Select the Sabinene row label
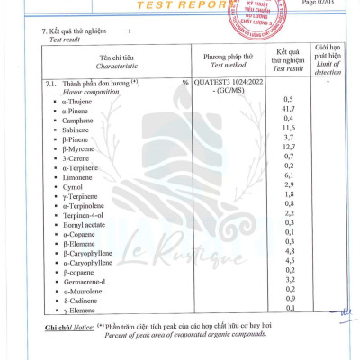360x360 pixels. pyautogui.click(x=79, y=128)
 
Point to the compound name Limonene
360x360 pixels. pyautogui.click(x=80, y=175)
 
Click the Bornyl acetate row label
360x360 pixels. pyautogui.click(x=85, y=224)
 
